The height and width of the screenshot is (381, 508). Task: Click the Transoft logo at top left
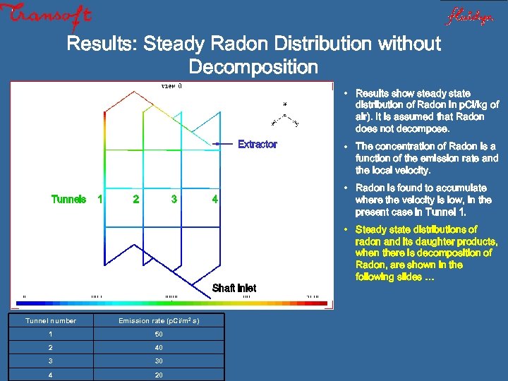pyautogui.click(x=46, y=14)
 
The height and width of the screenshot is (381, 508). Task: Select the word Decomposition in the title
pyautogui.click(x=253, y=68)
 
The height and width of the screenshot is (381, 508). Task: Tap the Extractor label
pyautogui.click(x=258, y=144)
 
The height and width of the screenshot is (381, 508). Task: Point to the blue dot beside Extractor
pyautogui.click(x=217, y=143)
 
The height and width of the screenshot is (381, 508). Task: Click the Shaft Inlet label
pyautogui.click(x=234, y=288)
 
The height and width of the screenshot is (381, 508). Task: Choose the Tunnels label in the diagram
pyautogui.click(x=69, y=199)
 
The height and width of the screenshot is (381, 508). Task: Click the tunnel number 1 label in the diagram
pyautogui.click(x=99, y=199)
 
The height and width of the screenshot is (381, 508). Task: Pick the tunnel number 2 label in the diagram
pyautogui.click(x=135, y=199)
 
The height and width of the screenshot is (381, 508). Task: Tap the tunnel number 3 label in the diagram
pyautogui.click(x=174, y=199)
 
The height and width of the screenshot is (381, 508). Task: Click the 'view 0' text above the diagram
pyautogui.click(x=171, y=86)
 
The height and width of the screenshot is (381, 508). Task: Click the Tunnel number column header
pyautogui.click(x=51, y=321)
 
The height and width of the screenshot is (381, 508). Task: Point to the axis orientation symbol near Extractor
pyautogui.click(x=284, y=116)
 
